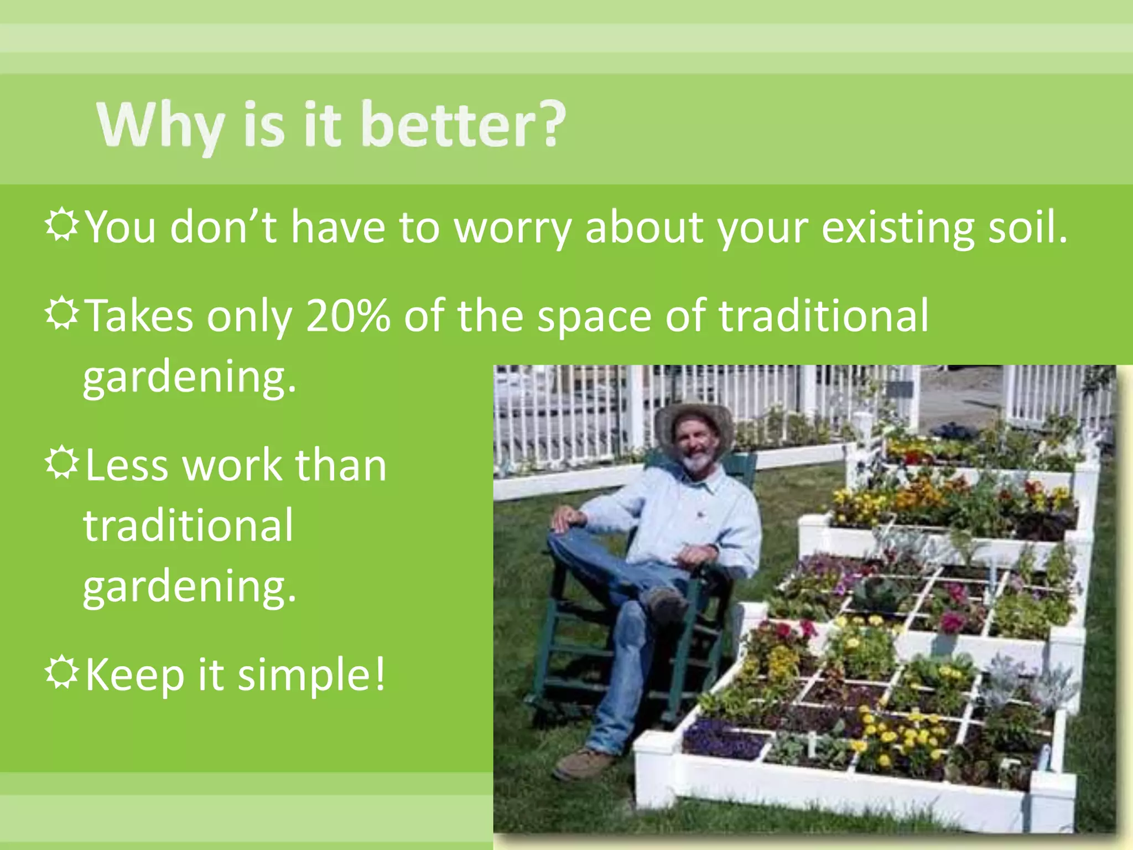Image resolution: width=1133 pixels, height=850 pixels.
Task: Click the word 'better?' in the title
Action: coord(462,126)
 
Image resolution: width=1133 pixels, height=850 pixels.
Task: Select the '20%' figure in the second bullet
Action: coord(348,316)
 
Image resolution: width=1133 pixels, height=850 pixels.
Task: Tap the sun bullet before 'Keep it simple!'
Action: coord(61,672)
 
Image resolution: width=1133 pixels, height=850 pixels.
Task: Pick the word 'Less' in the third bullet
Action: coord(126,465)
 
